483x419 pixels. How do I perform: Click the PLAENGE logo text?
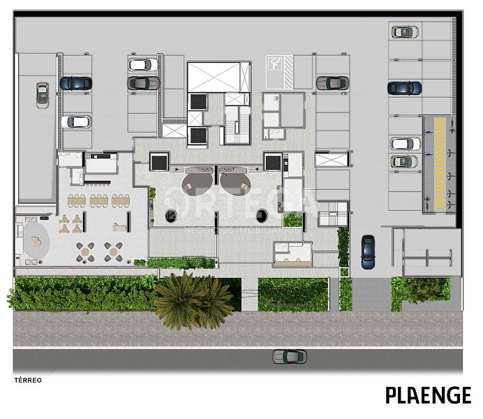(428, 395)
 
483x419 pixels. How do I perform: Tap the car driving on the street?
(290, 356)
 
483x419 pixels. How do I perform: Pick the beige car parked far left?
(43, 96)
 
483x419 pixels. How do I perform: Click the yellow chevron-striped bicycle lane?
(440, 163)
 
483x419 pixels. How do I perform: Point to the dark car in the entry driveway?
(368, 252)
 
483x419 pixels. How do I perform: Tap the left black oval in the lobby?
(170, 216)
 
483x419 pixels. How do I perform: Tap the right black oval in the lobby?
(262, 215)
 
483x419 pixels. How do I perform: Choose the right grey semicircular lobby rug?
(235, 184)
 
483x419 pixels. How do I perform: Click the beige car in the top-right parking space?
(405, 31)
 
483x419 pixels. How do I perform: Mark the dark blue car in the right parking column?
(404, 88)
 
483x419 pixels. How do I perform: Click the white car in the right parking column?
(405, 144)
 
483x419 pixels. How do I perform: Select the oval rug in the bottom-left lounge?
(36, 244)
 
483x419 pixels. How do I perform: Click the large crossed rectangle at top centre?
(218, 77)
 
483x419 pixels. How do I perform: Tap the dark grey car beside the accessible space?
(332, 83)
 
